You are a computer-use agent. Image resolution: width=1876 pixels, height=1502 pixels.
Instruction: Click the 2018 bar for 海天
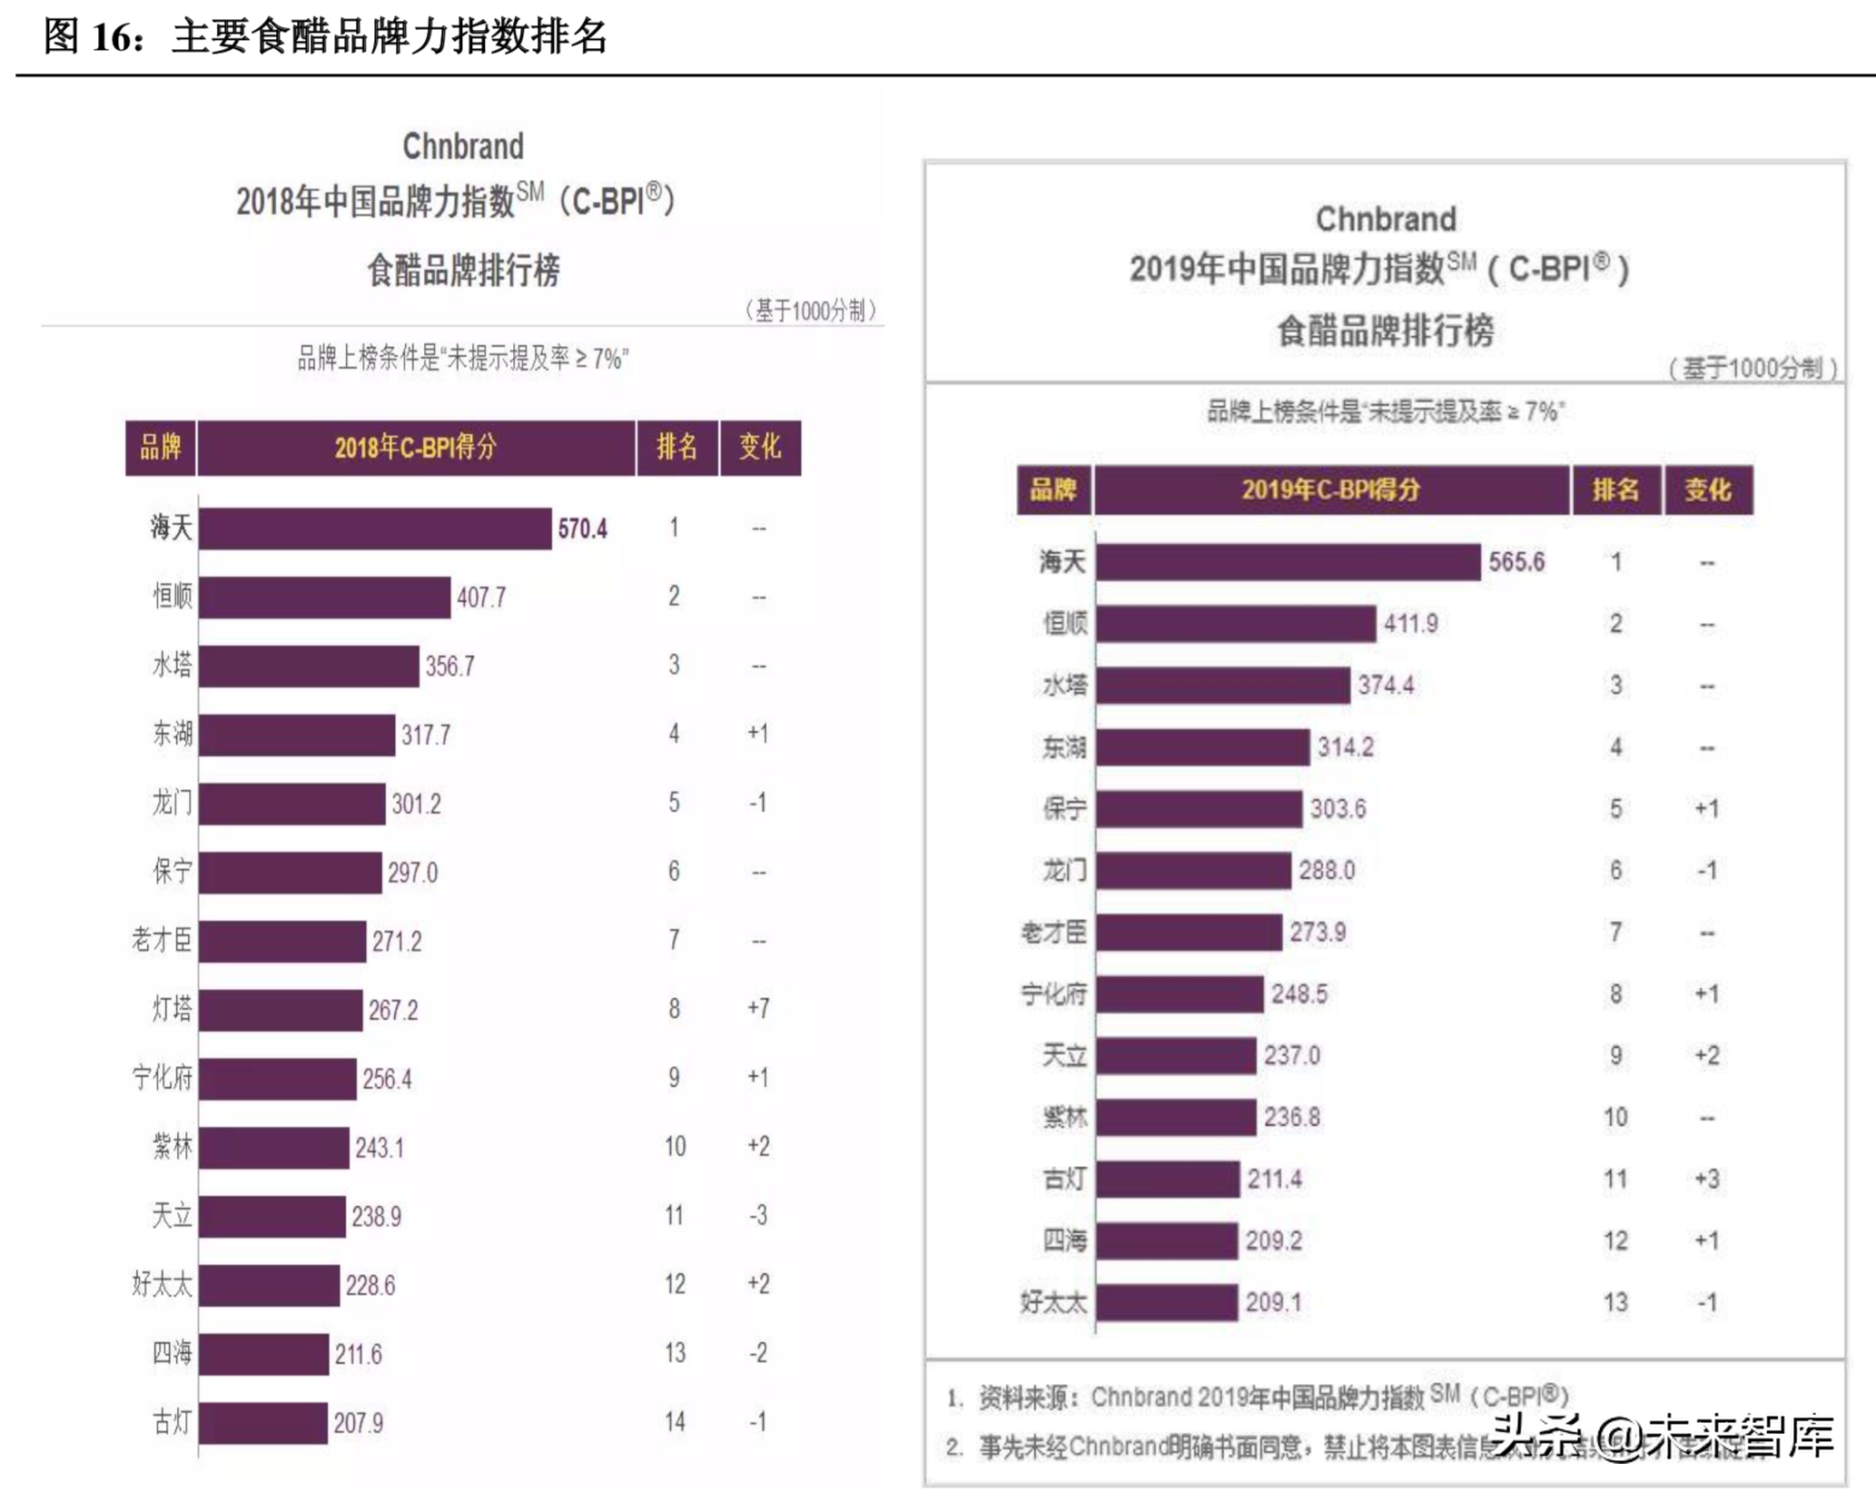(x=375, y=529)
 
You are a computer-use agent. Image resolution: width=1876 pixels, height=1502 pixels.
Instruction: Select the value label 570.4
(x=582, y=529)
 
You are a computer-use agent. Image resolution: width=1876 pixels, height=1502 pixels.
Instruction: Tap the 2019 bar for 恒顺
(x=1235, y=624)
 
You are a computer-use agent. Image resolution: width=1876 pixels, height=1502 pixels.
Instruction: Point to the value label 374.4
(x=1386, y=685)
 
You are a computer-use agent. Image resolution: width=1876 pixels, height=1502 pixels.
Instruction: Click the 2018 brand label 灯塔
(x=172, y=1009)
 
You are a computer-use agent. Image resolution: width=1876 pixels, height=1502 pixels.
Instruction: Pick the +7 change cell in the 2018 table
(x=758, y=1008)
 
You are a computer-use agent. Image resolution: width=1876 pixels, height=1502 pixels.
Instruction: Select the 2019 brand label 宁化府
(x=1053, y=994)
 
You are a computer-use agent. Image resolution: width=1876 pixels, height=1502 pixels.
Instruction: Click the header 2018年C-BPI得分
(x=416, y=447)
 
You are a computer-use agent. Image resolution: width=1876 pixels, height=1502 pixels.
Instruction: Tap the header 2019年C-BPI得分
(x=1331, y=490)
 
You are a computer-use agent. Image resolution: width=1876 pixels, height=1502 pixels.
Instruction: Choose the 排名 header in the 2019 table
(x=1615, y=490)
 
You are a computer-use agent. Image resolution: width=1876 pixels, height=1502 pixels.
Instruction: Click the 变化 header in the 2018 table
(x=760, y=447)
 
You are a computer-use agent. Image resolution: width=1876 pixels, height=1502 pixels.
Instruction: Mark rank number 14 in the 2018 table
(x=674, y=1421)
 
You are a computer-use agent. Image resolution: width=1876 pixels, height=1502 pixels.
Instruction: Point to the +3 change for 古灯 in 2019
(x=1706, y=1179)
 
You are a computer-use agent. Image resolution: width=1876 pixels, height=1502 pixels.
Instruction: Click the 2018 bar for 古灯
(x=263, y=1422)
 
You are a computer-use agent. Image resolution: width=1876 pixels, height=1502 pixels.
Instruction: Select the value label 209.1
(x=1273, y=1302)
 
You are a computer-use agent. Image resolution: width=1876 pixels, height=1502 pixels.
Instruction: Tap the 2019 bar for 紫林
(x=1176, y=1117)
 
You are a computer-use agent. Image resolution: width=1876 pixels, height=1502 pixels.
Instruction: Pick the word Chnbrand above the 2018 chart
(x=463, y=146)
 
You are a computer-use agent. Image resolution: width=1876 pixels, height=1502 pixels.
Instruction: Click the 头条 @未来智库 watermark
(x=1661, y=1438)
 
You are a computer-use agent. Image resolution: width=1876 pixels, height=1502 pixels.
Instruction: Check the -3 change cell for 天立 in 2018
(x=758, y=1215)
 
